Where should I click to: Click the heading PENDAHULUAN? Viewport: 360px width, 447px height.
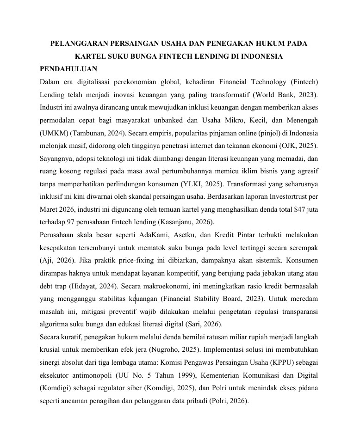pyautogui.click(x=68, y=69)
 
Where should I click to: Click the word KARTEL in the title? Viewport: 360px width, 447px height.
pyautogui.click(x=91, y=57)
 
